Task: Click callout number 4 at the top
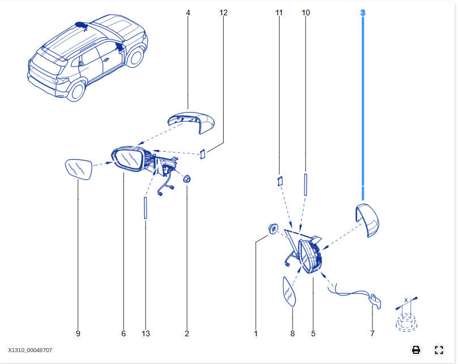pos(188,12)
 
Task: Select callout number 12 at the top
pos(223,12)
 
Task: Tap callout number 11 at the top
pos(279,12)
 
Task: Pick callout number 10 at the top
pos(306,12)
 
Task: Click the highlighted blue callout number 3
pos(363,12)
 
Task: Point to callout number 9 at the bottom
pos(78,333)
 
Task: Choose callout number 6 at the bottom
pos(123,333)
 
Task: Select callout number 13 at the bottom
pos(146,333)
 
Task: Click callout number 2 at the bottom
pos(187,333)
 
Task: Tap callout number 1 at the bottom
pos(256,333)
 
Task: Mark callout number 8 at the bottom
pos(293,333)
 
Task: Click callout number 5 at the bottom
pos(313,333)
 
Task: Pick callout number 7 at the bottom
pos(372,333)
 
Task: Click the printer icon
pos(416,350)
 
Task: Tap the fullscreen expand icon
pos(439,350)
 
